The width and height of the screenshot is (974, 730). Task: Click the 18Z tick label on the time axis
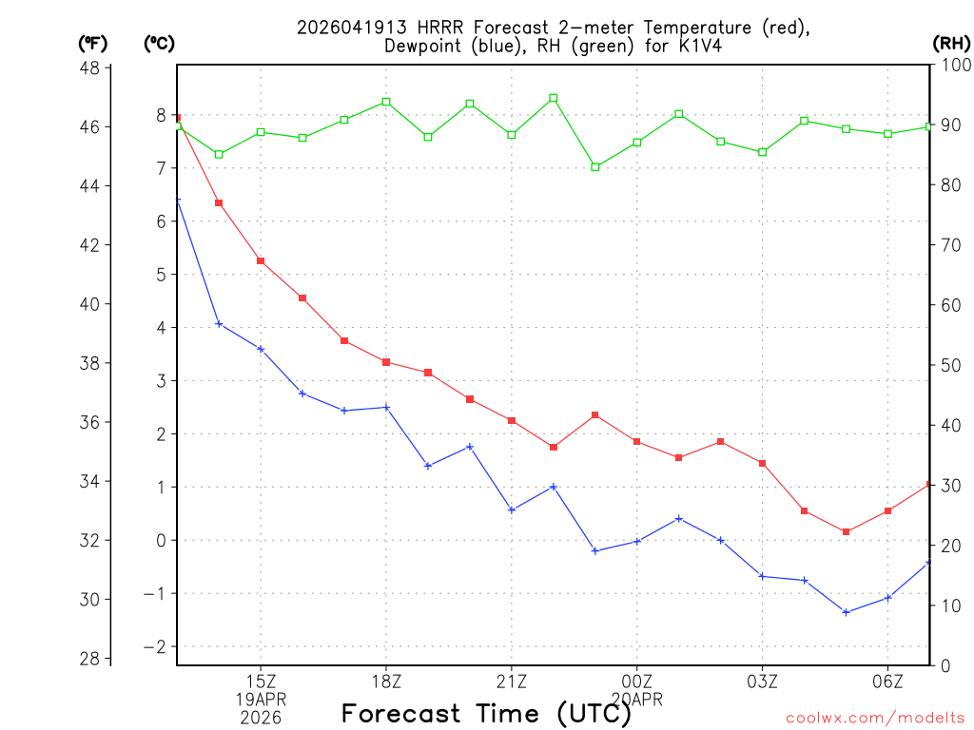click(x=385, y=682)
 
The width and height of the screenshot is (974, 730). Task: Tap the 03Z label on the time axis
click(x=762, y=682)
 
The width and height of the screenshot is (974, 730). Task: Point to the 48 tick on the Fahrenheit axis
click(x=92, y=68)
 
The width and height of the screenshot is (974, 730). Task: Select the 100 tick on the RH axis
click(x=954, y=66)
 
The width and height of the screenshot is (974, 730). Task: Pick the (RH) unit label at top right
click(x=951, y=43)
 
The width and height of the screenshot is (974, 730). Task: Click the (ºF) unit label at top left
click(x=93, y=43)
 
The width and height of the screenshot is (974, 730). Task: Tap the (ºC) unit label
click(x=159, y=43)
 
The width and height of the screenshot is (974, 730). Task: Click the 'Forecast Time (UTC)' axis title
click(x=486, y=713)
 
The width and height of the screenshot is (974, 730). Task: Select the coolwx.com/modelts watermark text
click(x=875, y=718)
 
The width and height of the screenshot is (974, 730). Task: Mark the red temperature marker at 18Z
click(x=386, y=362)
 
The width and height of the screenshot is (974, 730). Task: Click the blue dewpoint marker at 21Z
click(x=512, y=510)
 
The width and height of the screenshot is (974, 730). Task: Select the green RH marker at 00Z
click(x=637, y=143)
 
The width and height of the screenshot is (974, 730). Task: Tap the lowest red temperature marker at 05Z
click(x=846, y=531)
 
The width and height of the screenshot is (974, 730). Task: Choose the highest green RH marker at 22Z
click(x=554, y=98)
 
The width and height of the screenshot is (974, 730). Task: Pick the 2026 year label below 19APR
click(x=260, y=718)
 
